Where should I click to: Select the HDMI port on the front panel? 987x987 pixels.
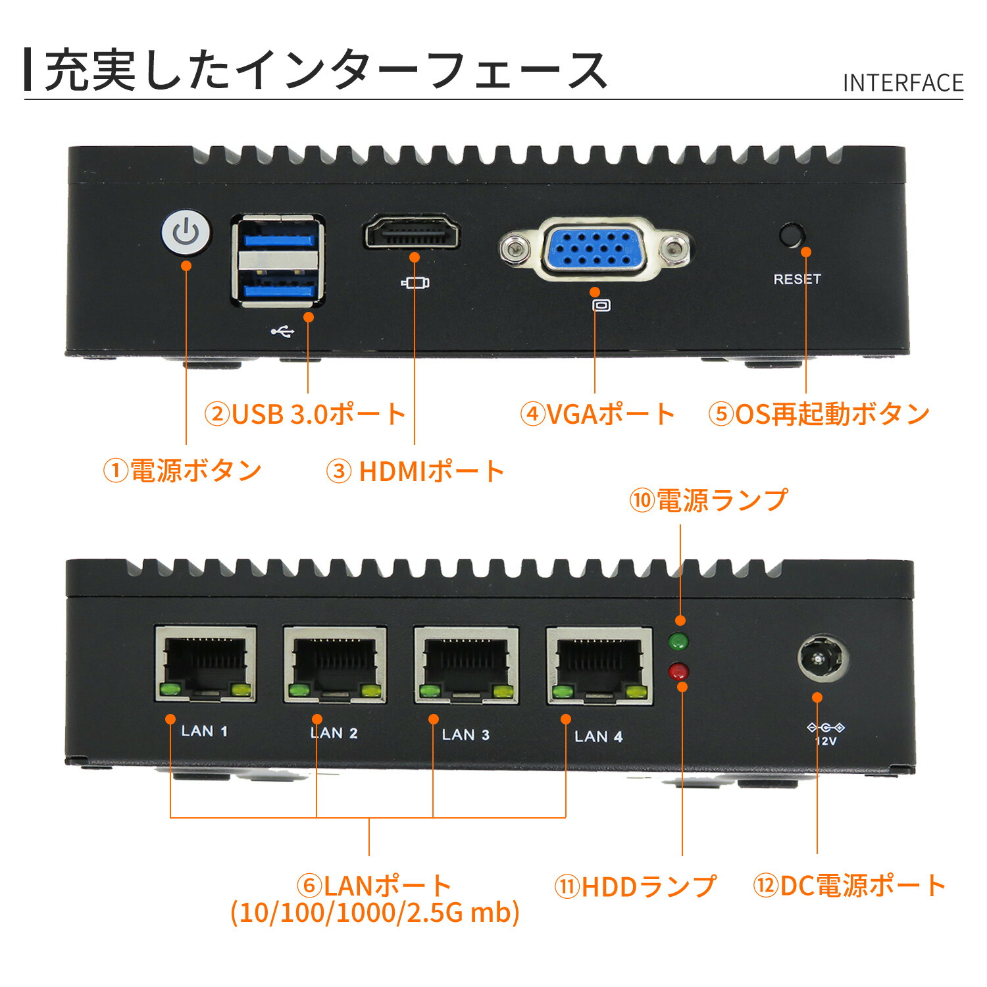click(x=411, y=234)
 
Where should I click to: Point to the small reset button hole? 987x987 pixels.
click(x=792, y=235)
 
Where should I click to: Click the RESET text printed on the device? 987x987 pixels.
click(x=797, y=279)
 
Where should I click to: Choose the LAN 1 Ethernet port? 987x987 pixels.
click(x=205, y=663)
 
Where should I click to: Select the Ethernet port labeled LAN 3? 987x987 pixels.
click(x=466, y=665)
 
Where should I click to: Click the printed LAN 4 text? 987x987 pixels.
click(x=598, y=736)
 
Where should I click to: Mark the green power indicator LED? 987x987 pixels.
click(x=678, y=640)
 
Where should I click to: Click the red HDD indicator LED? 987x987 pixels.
click(x=678, y=672)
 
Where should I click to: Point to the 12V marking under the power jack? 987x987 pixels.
click(x=826, y=741)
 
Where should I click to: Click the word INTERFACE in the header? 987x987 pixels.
click(x=903, y=83)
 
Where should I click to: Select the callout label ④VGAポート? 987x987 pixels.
click(x=597, y=414)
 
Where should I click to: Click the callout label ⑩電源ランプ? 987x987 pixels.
click(x=708, y=500)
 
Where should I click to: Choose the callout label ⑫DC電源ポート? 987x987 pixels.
click(x=849, y=886)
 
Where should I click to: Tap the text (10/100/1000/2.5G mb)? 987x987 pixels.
click(x=375, y=913)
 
